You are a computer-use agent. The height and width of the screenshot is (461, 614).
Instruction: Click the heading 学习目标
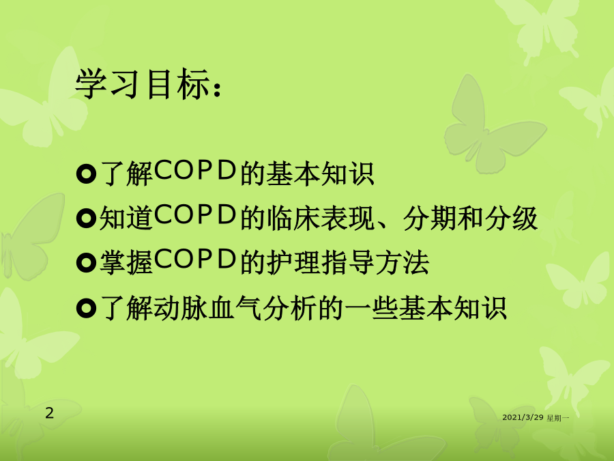coord(142,84)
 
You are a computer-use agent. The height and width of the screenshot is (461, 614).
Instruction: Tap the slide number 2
coord(49,413)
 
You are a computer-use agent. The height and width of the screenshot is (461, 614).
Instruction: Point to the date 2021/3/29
coord(523,417)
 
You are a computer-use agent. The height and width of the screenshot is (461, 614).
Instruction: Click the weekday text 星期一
coord(557,418)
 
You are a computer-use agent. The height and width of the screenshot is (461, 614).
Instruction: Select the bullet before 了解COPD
coord(86,174)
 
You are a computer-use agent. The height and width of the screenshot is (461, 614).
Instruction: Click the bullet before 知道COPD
coord(86,219)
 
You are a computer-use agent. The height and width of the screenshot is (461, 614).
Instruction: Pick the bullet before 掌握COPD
coord(86,263)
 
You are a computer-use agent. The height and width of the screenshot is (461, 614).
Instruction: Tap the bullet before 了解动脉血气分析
coord(86,308)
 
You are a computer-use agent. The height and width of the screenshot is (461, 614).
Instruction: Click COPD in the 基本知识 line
coord(195,170)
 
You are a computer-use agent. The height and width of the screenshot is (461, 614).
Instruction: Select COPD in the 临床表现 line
coord(195,214)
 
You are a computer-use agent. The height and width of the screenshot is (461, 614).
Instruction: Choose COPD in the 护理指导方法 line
coord(195,259)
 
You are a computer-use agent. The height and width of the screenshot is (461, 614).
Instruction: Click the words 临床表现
coord(321,218)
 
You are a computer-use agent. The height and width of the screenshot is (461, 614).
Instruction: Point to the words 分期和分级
coord(470,218)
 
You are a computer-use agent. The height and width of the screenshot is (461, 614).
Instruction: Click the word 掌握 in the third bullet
coord(126,262)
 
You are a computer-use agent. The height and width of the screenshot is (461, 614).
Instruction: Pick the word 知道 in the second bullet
coord(126,218)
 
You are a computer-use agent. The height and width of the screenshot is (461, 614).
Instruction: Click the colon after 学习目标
coord(218,89)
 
